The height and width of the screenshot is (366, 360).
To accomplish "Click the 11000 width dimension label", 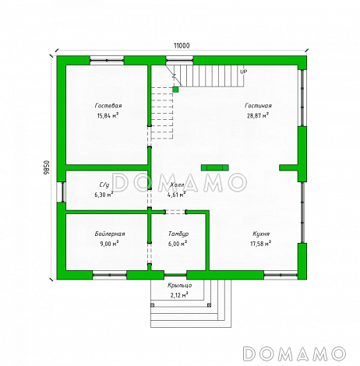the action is (182, 46).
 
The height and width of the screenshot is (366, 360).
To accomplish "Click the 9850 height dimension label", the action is (46, 169).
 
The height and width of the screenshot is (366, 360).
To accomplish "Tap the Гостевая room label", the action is (108, 106).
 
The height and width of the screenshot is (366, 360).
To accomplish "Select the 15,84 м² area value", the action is (108, 115).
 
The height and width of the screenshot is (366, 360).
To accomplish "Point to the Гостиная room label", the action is (258, 106).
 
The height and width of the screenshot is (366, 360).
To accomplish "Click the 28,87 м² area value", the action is (258, 115).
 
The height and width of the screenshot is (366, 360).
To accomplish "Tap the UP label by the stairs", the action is (244, 72).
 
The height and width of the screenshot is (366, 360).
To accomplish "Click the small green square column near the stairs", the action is (175, 90).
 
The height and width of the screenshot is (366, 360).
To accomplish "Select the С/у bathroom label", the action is (104, 185).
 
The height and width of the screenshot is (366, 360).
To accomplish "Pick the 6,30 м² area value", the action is (104, 195).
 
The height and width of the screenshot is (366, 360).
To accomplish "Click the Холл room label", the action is (177, 185).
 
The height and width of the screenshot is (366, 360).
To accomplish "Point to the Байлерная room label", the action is (110, 234).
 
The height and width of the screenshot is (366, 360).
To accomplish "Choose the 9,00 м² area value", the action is (110, 244).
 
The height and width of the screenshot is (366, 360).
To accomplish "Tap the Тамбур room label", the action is (178, 234).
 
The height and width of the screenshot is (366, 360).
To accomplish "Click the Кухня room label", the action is (261, 234).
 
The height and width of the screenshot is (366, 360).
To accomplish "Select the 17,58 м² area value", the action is (261, 244).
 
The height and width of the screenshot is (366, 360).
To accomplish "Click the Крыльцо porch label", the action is (180, 285).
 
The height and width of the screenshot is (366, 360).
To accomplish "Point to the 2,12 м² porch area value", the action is (179, 295).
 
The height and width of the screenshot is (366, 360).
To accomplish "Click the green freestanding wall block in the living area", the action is (215, 167).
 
